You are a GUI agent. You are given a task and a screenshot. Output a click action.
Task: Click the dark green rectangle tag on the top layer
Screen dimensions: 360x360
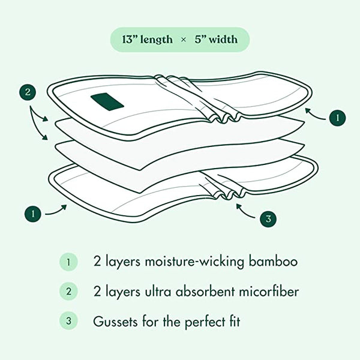(107, 102)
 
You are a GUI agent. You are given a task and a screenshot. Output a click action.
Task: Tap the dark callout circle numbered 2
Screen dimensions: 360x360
(27, 93)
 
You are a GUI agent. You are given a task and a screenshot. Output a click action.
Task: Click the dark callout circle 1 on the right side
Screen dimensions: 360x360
(337, 118)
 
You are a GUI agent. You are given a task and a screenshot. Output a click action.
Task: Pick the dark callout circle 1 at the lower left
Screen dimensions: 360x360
(33, 212)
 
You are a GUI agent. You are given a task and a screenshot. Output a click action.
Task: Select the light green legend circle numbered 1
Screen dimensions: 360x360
(68, 262)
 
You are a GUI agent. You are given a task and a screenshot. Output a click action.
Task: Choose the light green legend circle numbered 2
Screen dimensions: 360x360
(68, 292)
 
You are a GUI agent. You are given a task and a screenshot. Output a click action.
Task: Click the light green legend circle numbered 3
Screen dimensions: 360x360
(68, 321)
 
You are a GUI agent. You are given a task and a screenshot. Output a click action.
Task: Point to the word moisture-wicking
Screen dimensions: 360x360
(186, 262)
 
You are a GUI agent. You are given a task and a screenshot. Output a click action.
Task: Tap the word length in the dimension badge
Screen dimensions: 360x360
(158, 40)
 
